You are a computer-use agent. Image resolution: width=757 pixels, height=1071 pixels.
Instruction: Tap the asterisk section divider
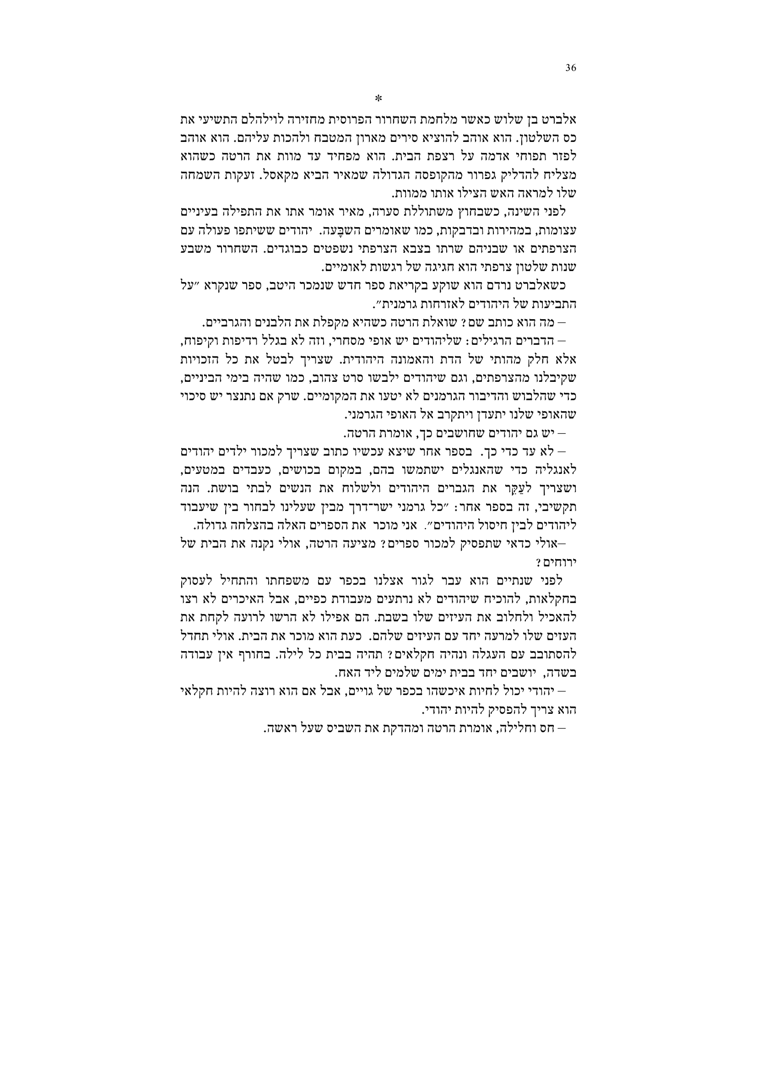[x=378, y=98]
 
